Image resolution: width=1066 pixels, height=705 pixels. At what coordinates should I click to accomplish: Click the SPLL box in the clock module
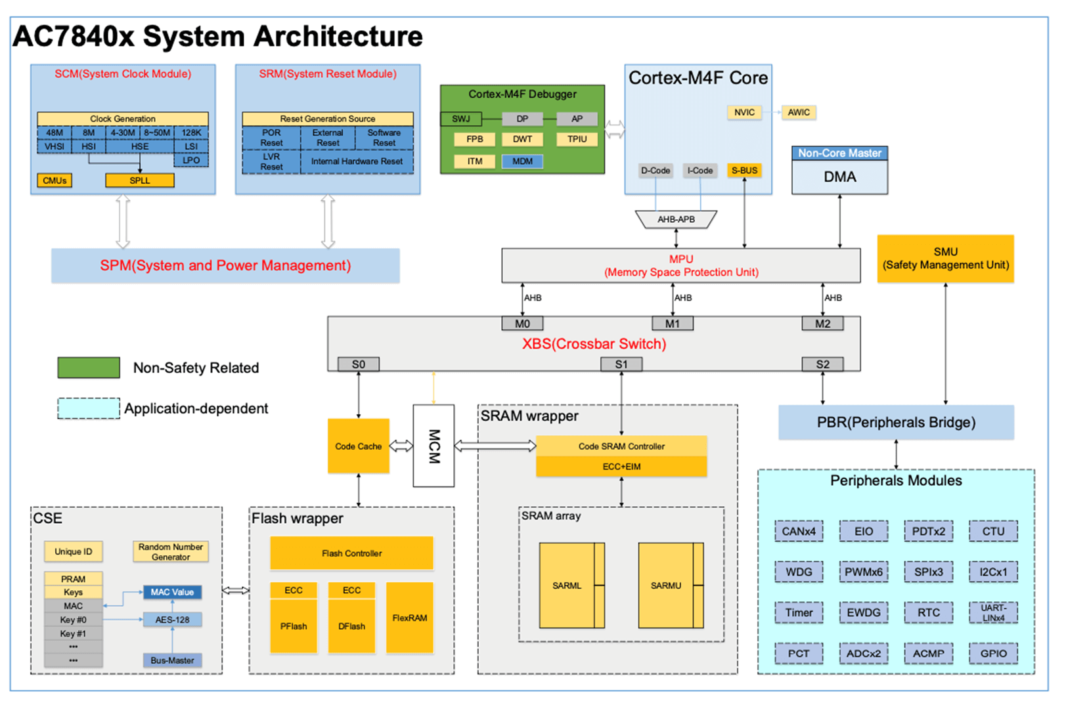click(139, 181)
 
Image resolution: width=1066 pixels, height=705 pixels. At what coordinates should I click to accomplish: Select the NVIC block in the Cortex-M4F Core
click(744, 112)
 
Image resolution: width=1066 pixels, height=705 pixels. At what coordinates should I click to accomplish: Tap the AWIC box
click(799, 112)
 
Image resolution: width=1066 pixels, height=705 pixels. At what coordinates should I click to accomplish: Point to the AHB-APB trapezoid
click(676, 219)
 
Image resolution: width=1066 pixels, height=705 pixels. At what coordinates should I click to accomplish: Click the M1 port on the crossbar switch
click(672, 324)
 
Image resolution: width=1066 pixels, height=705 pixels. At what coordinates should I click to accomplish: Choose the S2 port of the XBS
click(822, 364)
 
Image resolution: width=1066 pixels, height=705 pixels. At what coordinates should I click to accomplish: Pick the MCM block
click(433, 446)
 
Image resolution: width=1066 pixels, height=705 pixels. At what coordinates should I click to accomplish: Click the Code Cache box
click(358, 446)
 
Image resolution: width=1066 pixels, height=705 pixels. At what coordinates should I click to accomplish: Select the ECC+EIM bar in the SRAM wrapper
click(621, 467)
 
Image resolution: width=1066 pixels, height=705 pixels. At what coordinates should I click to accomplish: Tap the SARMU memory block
click(666, 585)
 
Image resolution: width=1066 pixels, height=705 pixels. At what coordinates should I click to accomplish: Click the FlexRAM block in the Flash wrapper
click(410, 618)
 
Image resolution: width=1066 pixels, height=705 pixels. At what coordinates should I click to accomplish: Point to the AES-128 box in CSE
click(172, 620)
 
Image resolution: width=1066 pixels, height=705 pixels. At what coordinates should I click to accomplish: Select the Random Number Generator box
click(171, 551)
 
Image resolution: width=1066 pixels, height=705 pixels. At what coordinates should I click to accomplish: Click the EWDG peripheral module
click(863, 612)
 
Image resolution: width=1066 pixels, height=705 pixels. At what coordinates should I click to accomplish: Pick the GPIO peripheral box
click(993, 653)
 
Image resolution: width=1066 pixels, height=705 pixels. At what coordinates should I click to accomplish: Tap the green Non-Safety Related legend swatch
click(89, 368)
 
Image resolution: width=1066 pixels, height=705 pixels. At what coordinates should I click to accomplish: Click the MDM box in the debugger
click(522, 161)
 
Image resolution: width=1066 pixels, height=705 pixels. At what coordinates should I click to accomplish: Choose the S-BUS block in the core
click(744, 171)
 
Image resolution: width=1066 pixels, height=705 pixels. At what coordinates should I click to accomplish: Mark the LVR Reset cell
click(271, 162)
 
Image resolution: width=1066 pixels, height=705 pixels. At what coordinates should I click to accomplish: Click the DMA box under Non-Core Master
click(839, 177)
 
